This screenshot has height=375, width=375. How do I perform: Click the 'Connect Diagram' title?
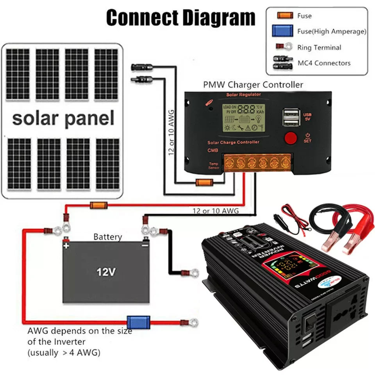pyautogui.click(x=181, y=18)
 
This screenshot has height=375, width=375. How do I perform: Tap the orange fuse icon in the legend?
pyautogui.click(x=285, y=16)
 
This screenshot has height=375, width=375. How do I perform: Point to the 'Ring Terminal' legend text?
pyautogui.click(x=319, y=48)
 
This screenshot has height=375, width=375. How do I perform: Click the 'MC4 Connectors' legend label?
pyautogui.click(x=324, y=63)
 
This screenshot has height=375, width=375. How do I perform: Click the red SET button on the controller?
pyautogui.click(x=290, y=138)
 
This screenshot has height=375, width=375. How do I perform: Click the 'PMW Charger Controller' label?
pyautogui.click(x=253, y=84)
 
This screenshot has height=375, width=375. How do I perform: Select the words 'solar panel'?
pyautogui.click(x=63, y=118)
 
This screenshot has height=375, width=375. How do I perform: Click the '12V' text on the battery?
pyautogui.click(x=106, y=272)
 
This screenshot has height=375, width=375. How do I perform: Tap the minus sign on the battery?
pyautogui.click(x=145, y=246)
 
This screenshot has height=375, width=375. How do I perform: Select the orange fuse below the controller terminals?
pyautogui.click(x=204, y=182)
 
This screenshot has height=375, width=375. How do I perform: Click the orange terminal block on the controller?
pyautogui.click(x=257, y=162)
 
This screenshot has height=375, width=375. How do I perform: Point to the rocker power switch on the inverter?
pyautogui.click(x=311, y=321)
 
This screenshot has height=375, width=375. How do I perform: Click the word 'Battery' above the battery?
pyautogui.click(x=107, y=237)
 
